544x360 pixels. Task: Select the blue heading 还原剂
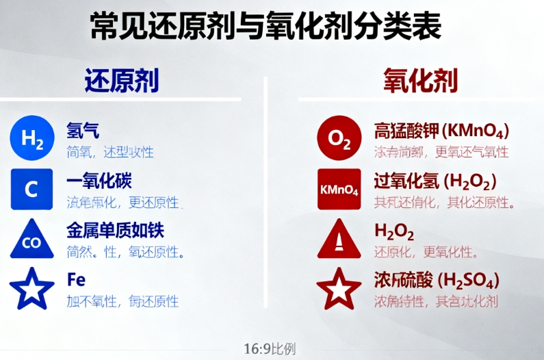click(122, 81)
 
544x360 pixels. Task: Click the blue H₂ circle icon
click(31, 138)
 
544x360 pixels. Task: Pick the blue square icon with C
click(31, 189)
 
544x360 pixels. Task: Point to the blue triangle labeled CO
click(31, 240)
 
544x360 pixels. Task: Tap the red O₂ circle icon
click(339, 138)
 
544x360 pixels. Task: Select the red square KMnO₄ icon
click(339, 189)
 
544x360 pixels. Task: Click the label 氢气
click(83, 130)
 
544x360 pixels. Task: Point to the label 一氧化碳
click(99, 181)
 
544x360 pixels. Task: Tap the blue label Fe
click(76, 280)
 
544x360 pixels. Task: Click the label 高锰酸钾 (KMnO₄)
click(441, 130)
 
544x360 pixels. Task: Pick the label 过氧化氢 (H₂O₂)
click(435, 181)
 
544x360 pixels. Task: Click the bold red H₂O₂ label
click(394, 232)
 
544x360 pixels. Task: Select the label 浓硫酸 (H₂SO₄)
click(436, 281)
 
